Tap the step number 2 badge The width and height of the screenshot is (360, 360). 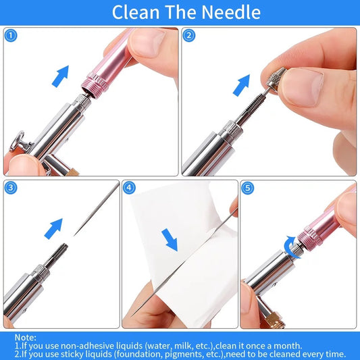click(189, 34)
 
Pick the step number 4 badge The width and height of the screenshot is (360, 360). click(130, 188)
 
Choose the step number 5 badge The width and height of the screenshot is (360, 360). click(249, 188)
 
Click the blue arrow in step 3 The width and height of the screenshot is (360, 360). click(53, 228)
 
